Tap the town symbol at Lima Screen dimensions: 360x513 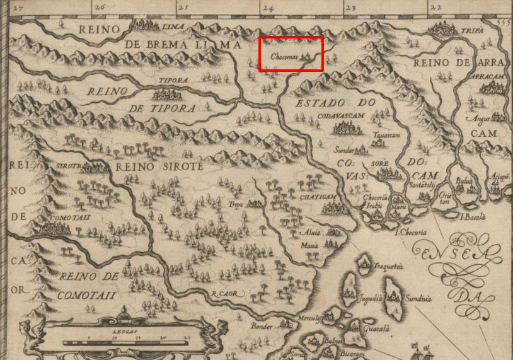pyautogui.click(x=146, y=26)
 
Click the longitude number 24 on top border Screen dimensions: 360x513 pyautogui.click(x=267, y=8)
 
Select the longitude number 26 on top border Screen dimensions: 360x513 pyautogui.click(x=99, y=8)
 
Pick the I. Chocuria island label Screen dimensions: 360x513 pyautogui.click(x=410, y=232)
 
